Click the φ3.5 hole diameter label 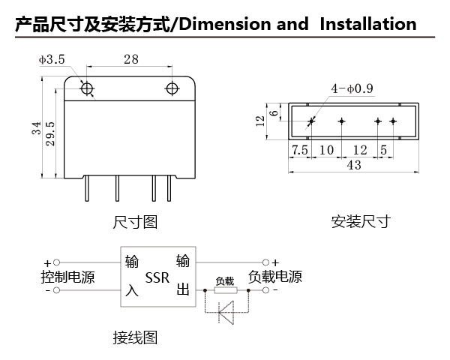[x=52, y=59]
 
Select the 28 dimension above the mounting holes [x=131, y=59]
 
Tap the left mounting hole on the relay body [x=87, y=88]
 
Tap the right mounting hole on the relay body [x=172, y=88]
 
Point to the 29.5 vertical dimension [x=50, y=133]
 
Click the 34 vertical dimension [x=37, y=128]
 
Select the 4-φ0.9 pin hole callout [x=352, y=88]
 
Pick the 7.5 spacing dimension [x=299, y=150]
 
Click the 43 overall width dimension [x=354, y=165]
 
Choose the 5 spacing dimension [x=384, y=150]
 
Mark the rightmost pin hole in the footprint [x=393, y=121]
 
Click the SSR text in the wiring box [x=157, y=277]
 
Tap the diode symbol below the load [x=226, y=312]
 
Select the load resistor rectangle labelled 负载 [x=226, y=290]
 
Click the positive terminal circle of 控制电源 [x=57, y=262]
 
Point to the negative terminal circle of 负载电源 [x=265, y=290]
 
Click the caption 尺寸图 [x=135, y=222]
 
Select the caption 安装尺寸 [x=361, y=222]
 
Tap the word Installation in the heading [x=368, y=24]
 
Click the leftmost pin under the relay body [x=87, y=188]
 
